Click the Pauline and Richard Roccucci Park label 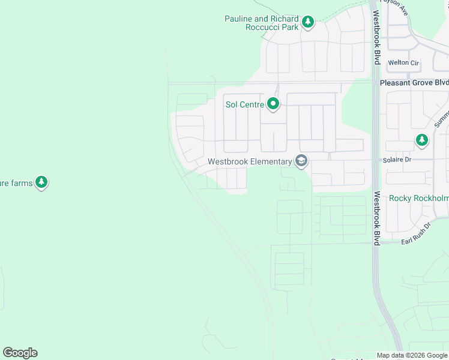[262, 23]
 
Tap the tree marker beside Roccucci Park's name [308, 23]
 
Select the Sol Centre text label [244, 104]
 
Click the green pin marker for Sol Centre [273, 104]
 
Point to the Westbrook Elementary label [249, 161]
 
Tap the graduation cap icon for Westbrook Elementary [301, 161]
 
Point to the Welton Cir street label [403, 62]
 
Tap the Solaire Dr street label [397, 160]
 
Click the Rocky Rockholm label [418, 198]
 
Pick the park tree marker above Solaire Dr [422, 140]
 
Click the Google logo [20, 353]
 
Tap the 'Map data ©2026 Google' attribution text [412, 355]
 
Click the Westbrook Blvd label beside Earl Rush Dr [377, 218]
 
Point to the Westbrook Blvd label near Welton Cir [376, 37]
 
